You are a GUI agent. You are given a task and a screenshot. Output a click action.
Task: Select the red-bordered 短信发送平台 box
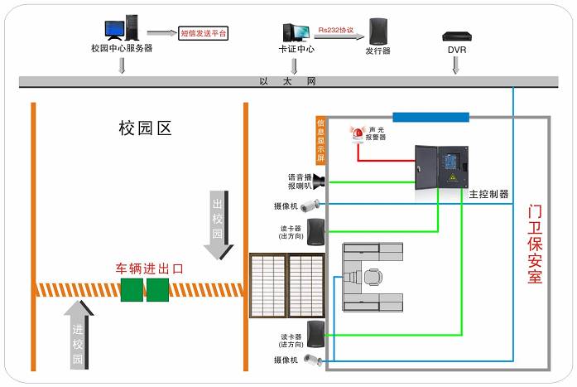tap(203, 34)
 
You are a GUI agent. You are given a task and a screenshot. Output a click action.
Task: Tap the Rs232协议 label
tap(335, 30)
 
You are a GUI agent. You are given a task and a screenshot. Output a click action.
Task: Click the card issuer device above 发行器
tap(377, 31)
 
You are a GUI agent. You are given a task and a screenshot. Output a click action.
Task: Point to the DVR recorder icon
tap(455, 36)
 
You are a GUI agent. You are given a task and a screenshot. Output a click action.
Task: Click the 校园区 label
tap(144, 128)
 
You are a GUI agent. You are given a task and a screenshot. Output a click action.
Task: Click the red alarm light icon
tap(358, 133)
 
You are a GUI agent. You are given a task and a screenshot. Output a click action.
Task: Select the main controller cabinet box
tap(442, 168)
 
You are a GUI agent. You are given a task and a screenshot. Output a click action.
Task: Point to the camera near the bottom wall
tap(312, 360)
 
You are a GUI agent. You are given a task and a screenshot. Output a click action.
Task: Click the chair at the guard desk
tap(374, 277)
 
